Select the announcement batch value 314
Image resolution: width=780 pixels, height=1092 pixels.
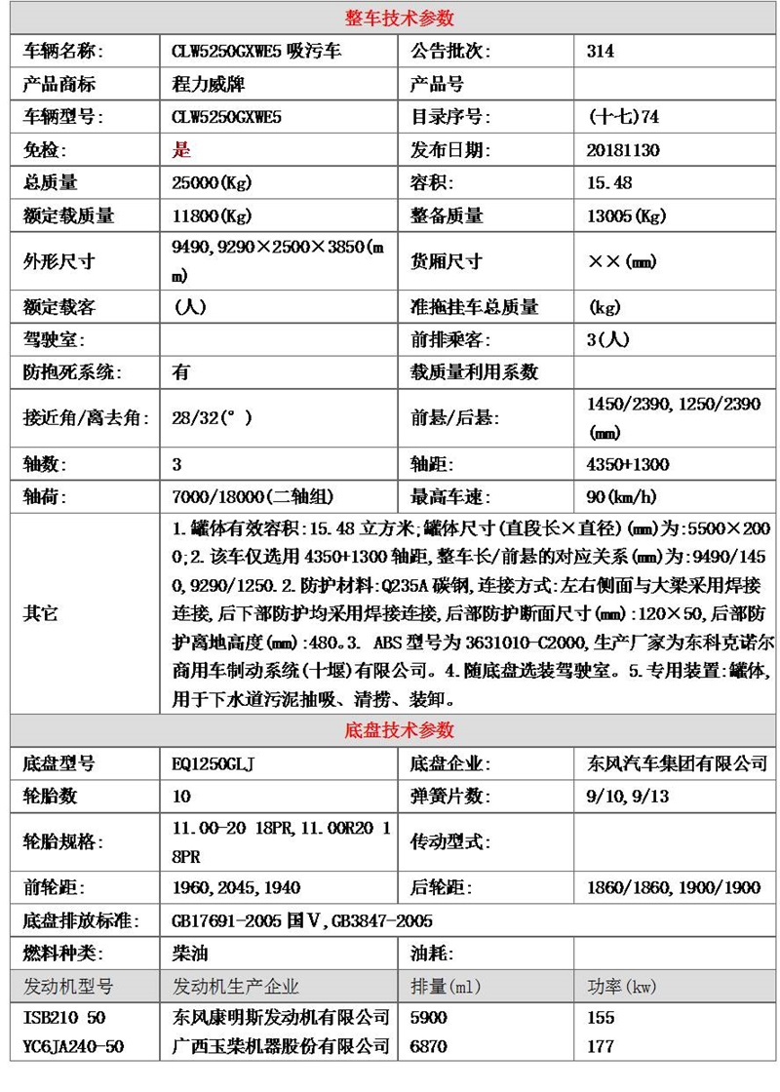[601, 52]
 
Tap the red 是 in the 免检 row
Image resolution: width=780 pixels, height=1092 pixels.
[180, 150]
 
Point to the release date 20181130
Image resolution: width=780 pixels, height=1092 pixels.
[624, 150]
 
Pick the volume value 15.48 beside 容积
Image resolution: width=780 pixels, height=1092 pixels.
[609, 183]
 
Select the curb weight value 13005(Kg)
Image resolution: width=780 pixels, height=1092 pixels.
[627, 216]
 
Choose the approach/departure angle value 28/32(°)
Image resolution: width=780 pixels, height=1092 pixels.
[212, 418]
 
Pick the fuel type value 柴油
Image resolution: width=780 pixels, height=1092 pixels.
[190, 954]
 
